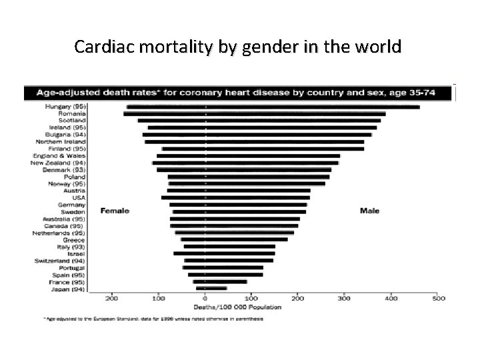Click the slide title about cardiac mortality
tap(238, 47)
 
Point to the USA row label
tap(79, 197)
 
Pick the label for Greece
tap(74, 239)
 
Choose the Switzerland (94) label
tap(59, 260)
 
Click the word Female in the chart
tap(115, 211)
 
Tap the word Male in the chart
tap(369, 211)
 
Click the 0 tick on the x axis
tap(205, 299)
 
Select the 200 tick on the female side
tap(112, 299)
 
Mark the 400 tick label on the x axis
tap(390, 299)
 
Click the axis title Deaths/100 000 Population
tap(237, 307)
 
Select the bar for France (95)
tap(220, 281)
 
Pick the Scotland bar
tap(260, 121)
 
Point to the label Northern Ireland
tap(59, 141)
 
